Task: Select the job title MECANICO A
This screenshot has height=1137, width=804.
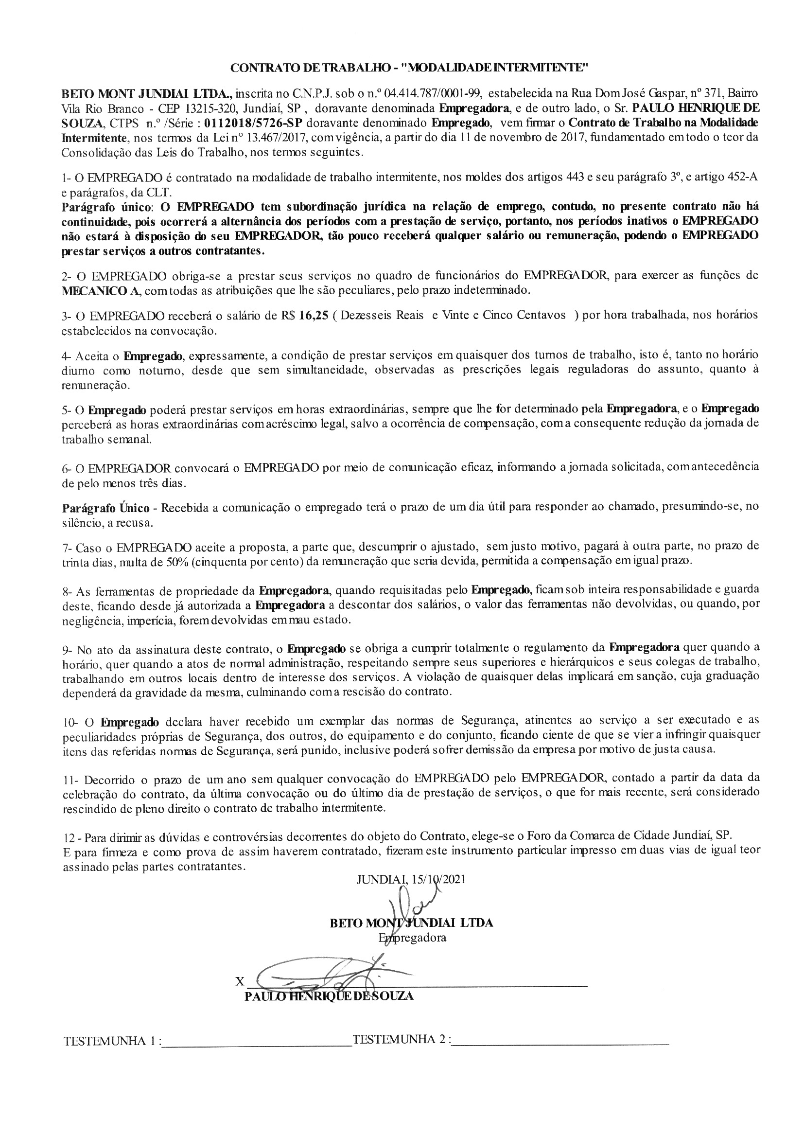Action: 101,290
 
